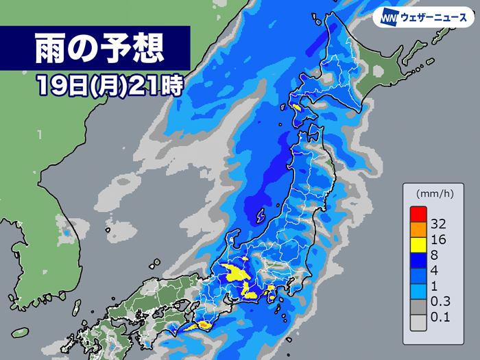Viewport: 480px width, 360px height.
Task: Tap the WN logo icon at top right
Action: tap(391, 17)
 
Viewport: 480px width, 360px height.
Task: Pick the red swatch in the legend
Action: tap(419, 213)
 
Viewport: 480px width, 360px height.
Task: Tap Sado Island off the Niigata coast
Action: tap(261, 217)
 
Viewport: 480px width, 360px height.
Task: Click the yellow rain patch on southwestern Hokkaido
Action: tap(296, 107)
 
